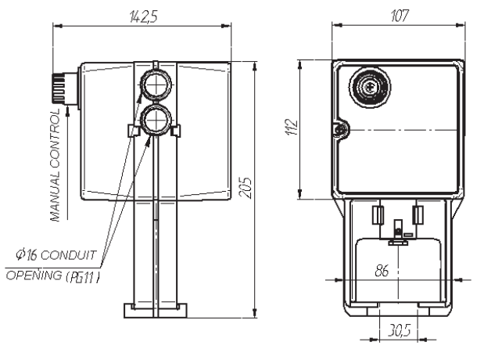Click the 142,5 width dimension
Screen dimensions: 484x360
click(x=144, y=16)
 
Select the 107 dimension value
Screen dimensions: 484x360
click(x=400, y=16)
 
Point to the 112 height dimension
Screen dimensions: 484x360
click(x=292, y=127)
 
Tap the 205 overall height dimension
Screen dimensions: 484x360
click(x=246, y=188)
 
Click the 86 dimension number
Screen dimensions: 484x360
click(x=382, y=271)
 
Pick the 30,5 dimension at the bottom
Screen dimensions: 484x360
click(x=400, y=331)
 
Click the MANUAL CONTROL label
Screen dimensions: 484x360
click(x=55, y=165)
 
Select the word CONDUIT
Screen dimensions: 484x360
click(x=68, y=255)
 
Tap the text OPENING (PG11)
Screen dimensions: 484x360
click(x=53, y=275)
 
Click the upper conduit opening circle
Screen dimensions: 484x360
click(x=156, y=84)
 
